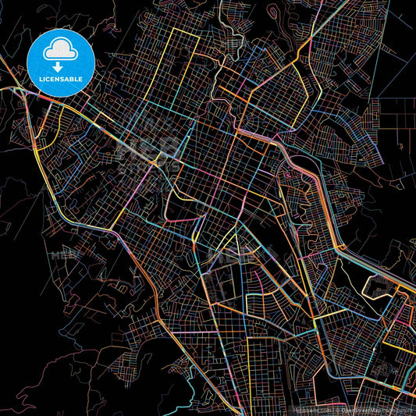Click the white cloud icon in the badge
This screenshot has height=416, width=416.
60,48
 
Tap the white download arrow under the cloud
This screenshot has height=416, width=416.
60,56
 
